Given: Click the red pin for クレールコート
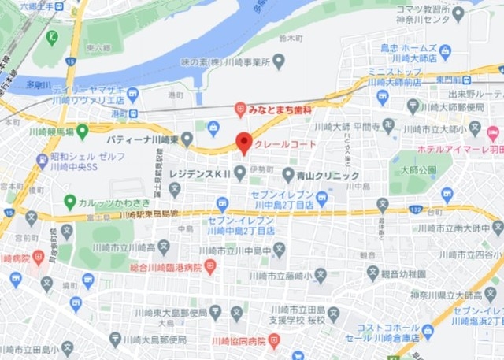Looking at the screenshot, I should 244,143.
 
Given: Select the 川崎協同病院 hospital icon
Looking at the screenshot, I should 274,341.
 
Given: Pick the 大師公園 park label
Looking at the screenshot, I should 417,169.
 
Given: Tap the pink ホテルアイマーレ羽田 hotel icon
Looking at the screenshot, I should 493,133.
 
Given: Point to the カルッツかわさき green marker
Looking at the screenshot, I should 70,202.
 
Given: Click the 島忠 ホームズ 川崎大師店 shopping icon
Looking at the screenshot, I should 445,52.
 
